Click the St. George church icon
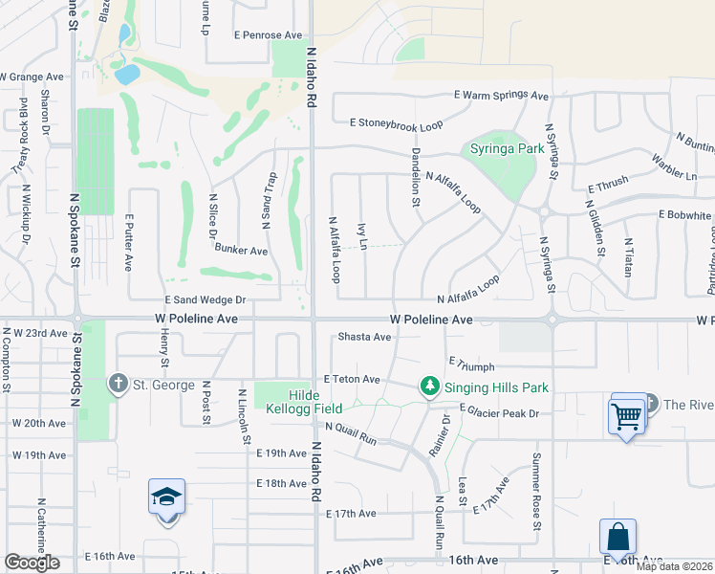(x=118, y=385)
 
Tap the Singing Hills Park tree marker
(x=430, y=386)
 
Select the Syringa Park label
(x=507, y=149)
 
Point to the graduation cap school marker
(x=166, y=497)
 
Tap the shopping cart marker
(x=627, y=416)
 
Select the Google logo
(x=32, y=562)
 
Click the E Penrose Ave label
(x=268, y=35)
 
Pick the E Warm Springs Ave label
(x=502, y=96)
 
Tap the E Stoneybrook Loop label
(x=396, y=123)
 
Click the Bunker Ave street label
(x=241, y=251)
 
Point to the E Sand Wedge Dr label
(x=206, y=299)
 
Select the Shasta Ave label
(x=365, y=337)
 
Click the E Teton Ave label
(x=352, y=379)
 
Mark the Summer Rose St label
(x=536, y=492)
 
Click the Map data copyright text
(x=674, y=566)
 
